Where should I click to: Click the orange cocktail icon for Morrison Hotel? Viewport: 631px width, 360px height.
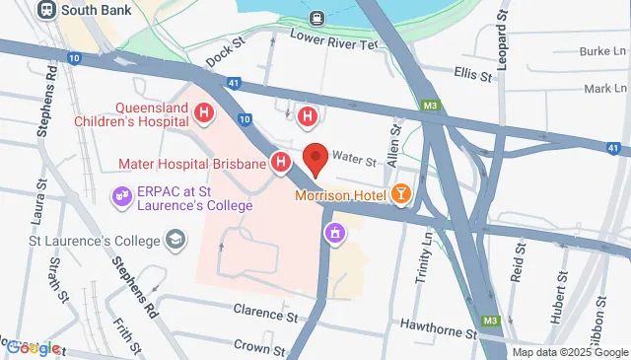[401, 194]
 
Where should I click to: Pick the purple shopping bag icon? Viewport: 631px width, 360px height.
[336, 234]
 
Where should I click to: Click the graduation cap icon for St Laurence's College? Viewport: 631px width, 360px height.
[175, 240]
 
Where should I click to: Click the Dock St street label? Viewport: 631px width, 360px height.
[224, 53]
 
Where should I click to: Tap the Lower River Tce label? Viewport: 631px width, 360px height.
[333, 39]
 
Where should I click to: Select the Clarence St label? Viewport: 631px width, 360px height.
[265, 311]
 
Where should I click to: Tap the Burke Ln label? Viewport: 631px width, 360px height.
[602, 51]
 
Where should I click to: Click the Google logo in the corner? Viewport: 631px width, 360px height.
[32, 347]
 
